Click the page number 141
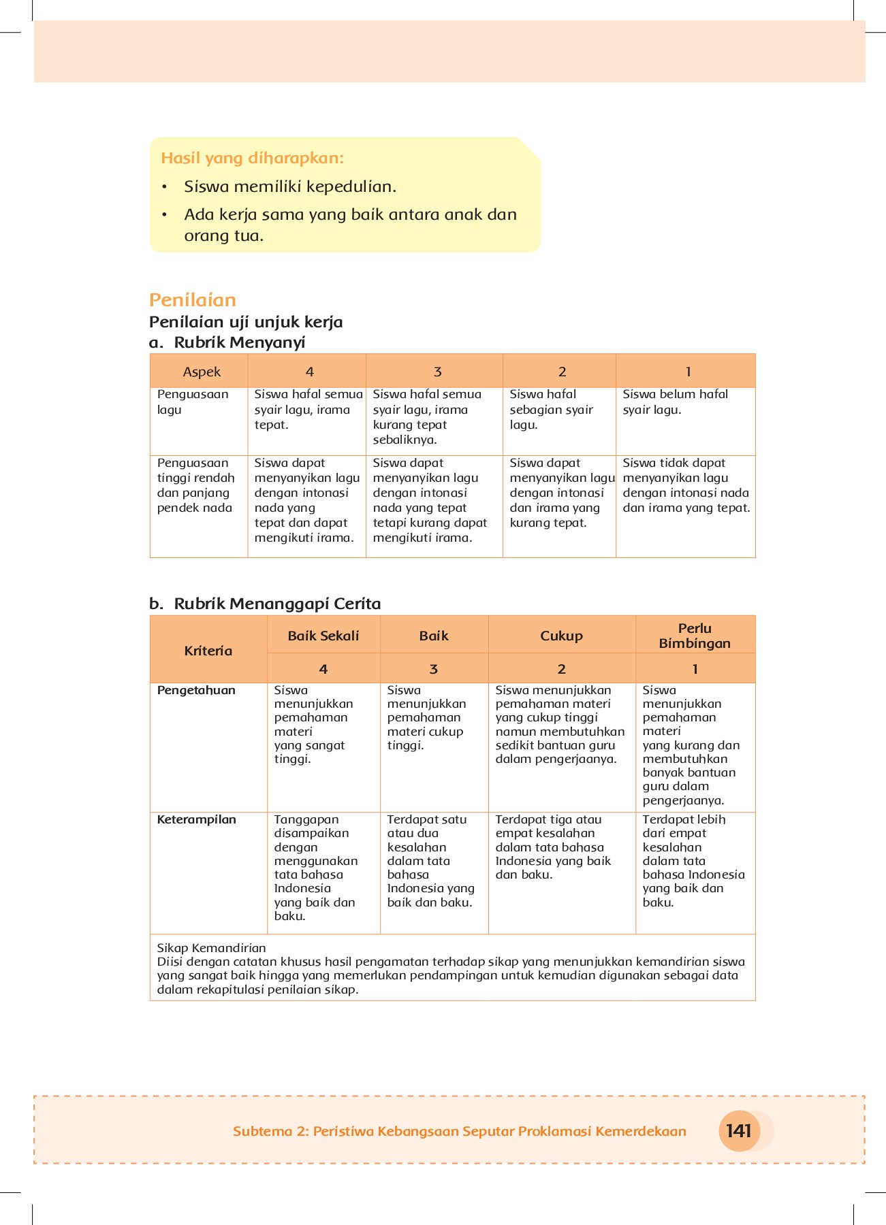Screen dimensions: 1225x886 coord(738,1131)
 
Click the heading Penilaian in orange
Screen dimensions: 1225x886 coord(193,300)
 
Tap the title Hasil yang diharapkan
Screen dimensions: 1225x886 coord(252,159)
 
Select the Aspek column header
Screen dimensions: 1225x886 coord(202,372)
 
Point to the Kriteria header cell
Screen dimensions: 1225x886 coord(208,651)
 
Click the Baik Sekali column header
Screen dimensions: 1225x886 coord(323,636)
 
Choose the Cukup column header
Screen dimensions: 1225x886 coord(561,636)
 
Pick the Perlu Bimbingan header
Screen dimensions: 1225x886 coord(695,636)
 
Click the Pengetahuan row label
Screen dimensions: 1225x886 coord(196,690)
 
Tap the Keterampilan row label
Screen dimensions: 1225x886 coord(196,819)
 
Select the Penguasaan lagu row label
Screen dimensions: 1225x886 coord(193,402)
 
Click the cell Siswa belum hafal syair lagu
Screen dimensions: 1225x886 coord(675,402)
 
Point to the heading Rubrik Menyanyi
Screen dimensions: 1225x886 coord(239,342)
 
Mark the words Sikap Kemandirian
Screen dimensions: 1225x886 coord(211,948)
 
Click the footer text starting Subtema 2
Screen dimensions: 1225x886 coord(459,1131)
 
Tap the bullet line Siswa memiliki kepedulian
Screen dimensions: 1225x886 coord(290,187)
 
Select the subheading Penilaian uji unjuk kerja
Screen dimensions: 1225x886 coord(246,322)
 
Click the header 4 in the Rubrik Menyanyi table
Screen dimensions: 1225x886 coord(309,372)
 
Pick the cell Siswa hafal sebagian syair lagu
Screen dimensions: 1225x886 coord(551,409)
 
